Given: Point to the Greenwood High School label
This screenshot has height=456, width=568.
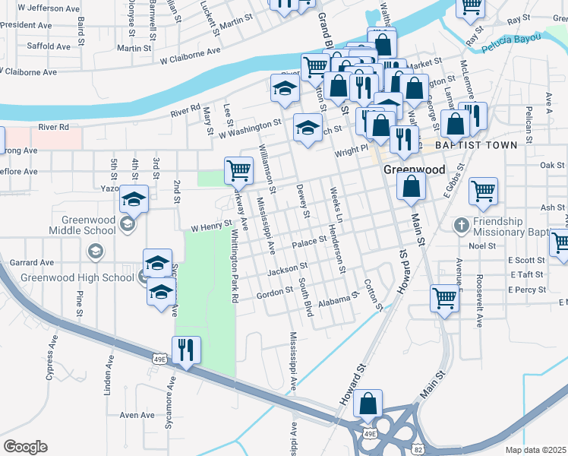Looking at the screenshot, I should tap(75, 277).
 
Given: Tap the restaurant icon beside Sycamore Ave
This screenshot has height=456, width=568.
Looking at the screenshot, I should tap(186, 350).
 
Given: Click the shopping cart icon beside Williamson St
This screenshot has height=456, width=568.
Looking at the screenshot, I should tap(238, 170).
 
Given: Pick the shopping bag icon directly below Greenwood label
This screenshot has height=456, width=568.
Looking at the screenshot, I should tap(411, 187).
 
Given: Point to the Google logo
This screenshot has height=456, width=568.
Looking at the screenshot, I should tap(25, 446).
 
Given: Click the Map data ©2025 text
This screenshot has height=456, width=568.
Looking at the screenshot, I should tap(536, 450).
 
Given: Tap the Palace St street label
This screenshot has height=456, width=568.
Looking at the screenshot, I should tap(309, 243).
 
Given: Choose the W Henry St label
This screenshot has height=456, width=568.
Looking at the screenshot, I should tap(210, 226).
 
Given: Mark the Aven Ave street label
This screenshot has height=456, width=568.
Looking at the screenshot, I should tap(137, 415).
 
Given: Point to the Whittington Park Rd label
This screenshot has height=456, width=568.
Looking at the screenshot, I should tap(235, 267).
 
